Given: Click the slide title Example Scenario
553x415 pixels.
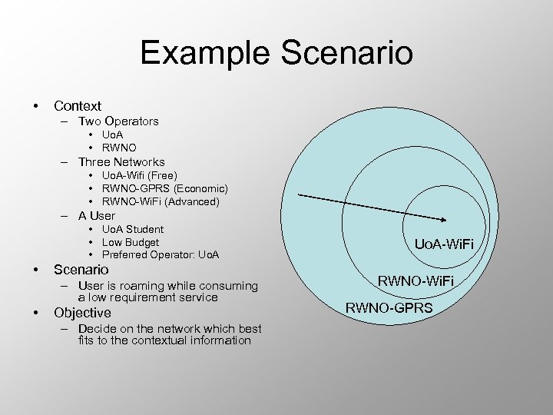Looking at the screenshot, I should pos(276,53).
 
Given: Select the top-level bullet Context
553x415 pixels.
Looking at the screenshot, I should pos(77,105).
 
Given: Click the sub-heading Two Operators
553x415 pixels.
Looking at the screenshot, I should pos(118,121).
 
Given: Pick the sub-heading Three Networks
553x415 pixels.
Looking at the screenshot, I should pos(121,161).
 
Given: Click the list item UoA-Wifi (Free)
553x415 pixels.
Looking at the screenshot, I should pos(139,176).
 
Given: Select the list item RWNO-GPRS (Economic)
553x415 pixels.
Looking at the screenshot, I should pos(164,188).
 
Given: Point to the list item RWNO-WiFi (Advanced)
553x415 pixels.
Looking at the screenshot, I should pos(161,201).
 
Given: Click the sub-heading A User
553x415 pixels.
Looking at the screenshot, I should pos(97,215).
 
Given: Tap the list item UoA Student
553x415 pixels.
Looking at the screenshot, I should pos(133,229).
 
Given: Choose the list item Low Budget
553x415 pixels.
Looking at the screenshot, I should pos(131,242).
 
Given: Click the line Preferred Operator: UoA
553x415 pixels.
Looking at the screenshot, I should pos(161,254).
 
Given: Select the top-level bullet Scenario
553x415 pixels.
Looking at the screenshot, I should pos(81,270).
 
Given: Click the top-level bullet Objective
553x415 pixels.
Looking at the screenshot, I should pos(82,313).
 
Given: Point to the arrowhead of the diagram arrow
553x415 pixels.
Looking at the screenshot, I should pos(448,221).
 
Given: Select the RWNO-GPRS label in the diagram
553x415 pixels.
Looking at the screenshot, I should pos(389,308).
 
